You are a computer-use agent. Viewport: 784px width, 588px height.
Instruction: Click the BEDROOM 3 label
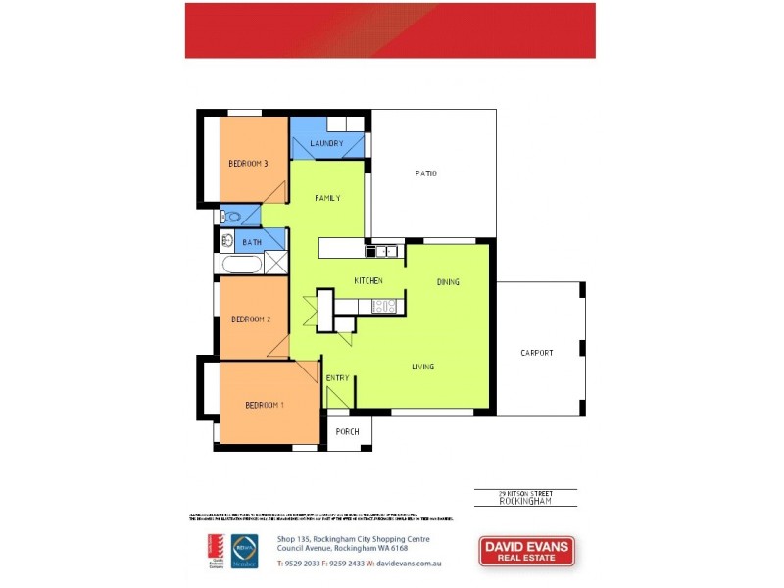pyautogui.click(x=249, y=164)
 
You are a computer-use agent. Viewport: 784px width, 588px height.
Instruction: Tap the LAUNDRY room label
pyautogui.click(x=326, y=144)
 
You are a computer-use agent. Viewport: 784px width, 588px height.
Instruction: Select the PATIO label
pyautogui.click(x=425, y=173)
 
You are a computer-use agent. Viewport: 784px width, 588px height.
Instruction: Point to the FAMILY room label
pyautogui.click(x=327, y=198)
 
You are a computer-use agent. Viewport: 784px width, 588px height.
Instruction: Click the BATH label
pyautogui.click(x=252, y=241)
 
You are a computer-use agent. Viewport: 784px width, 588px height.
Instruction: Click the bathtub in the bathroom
pyautogui.click(x=242, y=264)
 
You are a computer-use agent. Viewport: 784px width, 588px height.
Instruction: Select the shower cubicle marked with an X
pyautogui.click(x=276, y=263)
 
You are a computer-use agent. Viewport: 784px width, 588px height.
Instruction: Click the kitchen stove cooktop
pyautogui.click(x=384, y=307)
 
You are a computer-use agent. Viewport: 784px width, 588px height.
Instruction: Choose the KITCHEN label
pyautogui.click(x=367, y=281)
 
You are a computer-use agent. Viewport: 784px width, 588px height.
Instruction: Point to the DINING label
pyautogui.click(x=448, y=282)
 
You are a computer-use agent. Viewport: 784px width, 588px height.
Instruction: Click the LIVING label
pyautogui.click(x=423, y=367)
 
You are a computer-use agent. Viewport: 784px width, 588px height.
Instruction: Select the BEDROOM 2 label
pyautogui.click(x=251, y=319)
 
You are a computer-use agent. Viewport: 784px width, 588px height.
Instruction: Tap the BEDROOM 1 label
pyautogui.click(x=265, y=405)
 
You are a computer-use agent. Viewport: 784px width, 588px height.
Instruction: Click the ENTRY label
pyautogui.click(x=337, y=378)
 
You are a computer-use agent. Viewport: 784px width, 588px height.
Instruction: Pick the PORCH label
pyautogui.click(x=347, y=432)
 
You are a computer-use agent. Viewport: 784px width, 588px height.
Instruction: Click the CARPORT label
pyautogui.click(x=537, y=353)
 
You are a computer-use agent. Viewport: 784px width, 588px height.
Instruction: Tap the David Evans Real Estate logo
pyautogui.click(x=526, y=551)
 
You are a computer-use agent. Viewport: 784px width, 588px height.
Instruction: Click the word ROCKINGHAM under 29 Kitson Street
pyautogui.click(x=525, y=501)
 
